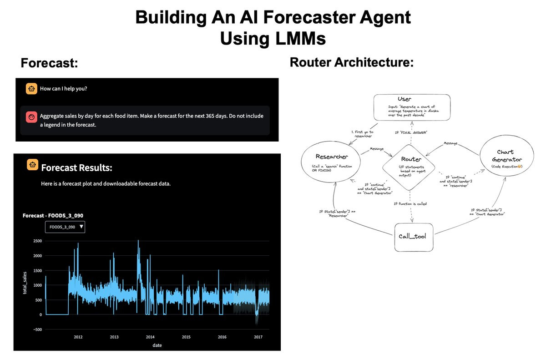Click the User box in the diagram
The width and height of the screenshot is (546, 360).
(412, 107)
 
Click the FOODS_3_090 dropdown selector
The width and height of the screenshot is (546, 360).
(65, 227)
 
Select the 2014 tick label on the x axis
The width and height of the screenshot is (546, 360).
(150, 337)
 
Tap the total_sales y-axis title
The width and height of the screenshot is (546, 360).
(26, 282)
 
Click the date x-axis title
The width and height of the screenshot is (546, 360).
(157, 345)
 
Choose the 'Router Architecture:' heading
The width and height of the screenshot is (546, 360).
(352, 62)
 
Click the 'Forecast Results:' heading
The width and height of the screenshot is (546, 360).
(76, 168)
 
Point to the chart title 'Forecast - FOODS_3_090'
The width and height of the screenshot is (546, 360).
(53, 215)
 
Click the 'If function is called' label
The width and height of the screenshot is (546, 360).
(410, 203)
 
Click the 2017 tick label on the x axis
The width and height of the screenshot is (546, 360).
(258, 337)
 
